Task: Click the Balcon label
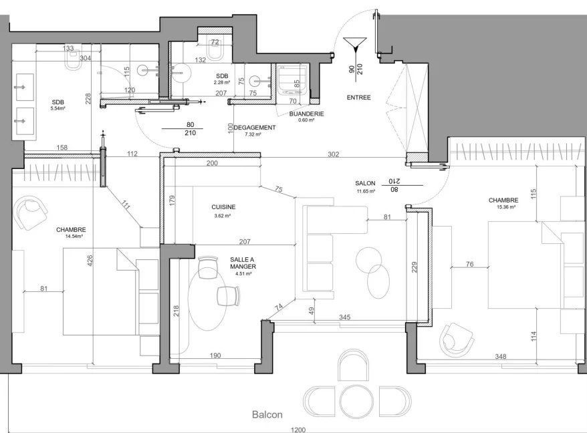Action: [267, 414]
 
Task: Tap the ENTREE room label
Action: [358, 98]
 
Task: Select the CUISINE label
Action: [223, 207]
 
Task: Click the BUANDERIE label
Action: [307, 114]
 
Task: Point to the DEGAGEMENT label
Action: [255, 127]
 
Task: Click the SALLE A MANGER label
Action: [243, 263]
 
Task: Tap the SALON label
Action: [365, 183]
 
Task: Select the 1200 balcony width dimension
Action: [298, 430]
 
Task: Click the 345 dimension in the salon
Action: [344, 317]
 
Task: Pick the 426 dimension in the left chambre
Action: [90, 261]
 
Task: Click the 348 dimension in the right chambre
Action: [501, 356]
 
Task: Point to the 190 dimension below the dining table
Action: [215, 355]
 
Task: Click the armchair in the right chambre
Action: [456, 340]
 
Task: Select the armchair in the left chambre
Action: [30, 212]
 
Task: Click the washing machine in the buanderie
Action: [293, 80]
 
